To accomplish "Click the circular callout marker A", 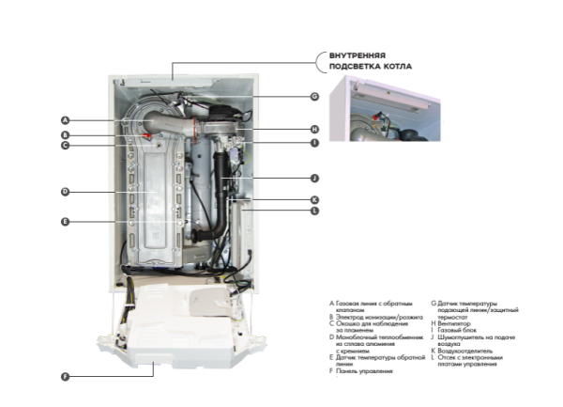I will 66,120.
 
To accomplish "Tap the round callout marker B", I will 66,135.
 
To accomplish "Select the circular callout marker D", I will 66,192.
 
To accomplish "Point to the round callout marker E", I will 66,222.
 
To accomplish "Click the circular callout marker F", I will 66,377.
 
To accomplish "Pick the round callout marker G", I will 315,97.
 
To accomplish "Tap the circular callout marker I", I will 315,143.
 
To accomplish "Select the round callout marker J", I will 315,178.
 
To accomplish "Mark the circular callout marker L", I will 315,211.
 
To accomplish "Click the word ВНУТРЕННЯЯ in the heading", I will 351,56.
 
